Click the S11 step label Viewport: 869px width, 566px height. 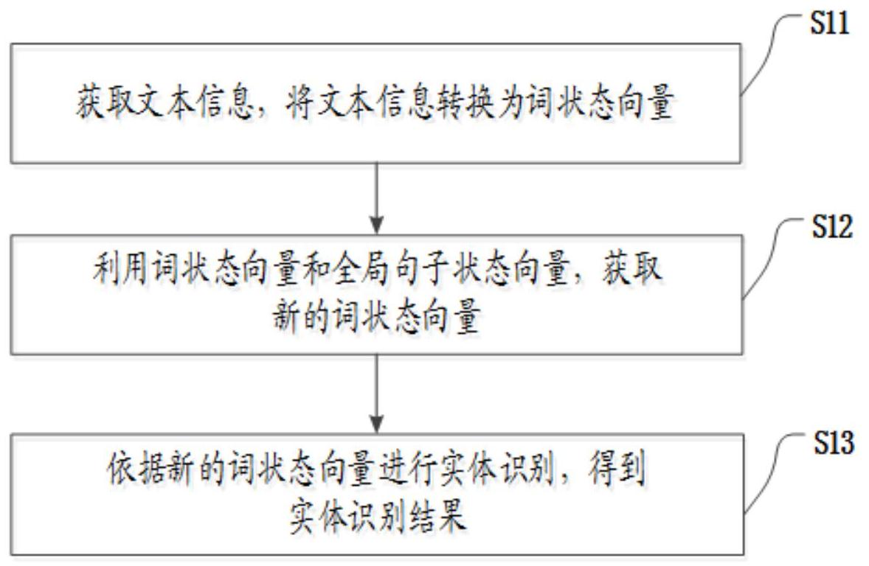click(x=830, y=24)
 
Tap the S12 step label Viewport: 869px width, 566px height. click(x=832, y=226)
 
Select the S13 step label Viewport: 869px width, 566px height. click(x=833, y=443)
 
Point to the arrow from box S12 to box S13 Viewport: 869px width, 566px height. click(x=377, y=394)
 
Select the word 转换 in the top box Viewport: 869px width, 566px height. click(x=465, y=102)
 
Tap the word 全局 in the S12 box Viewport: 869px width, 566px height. click(x=362, y=268)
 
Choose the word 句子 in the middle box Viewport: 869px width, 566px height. click(x=422, y=268)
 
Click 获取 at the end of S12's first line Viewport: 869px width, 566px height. click(x=632, y=268)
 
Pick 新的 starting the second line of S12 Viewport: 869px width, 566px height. click(x=302, y=318)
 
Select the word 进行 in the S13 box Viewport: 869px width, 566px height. click(x=406, y=469)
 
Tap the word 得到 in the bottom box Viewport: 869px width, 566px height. click(x=617, y=469)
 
